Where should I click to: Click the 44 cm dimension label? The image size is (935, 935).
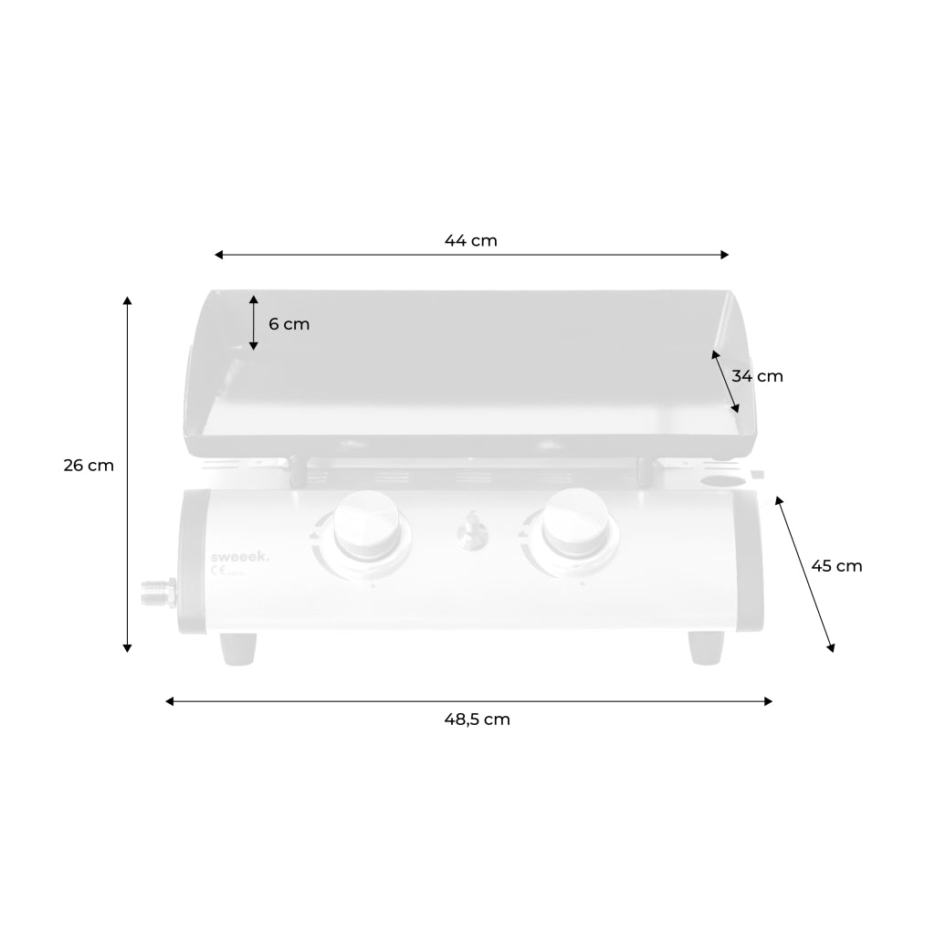tap(470, 241)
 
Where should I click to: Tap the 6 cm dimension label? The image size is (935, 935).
tap(289, 324)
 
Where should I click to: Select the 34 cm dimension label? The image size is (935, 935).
tap(757, 375)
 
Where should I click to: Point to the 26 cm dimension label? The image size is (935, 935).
tap(89, 465)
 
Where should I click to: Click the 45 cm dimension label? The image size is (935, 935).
tap(836, 565)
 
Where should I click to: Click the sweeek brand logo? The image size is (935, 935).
tap(240, 554)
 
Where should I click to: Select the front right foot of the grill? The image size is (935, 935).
tap(705, 648)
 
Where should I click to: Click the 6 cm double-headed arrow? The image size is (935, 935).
tap(254, 322)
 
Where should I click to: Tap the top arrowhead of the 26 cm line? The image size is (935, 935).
tap(127, 300)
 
